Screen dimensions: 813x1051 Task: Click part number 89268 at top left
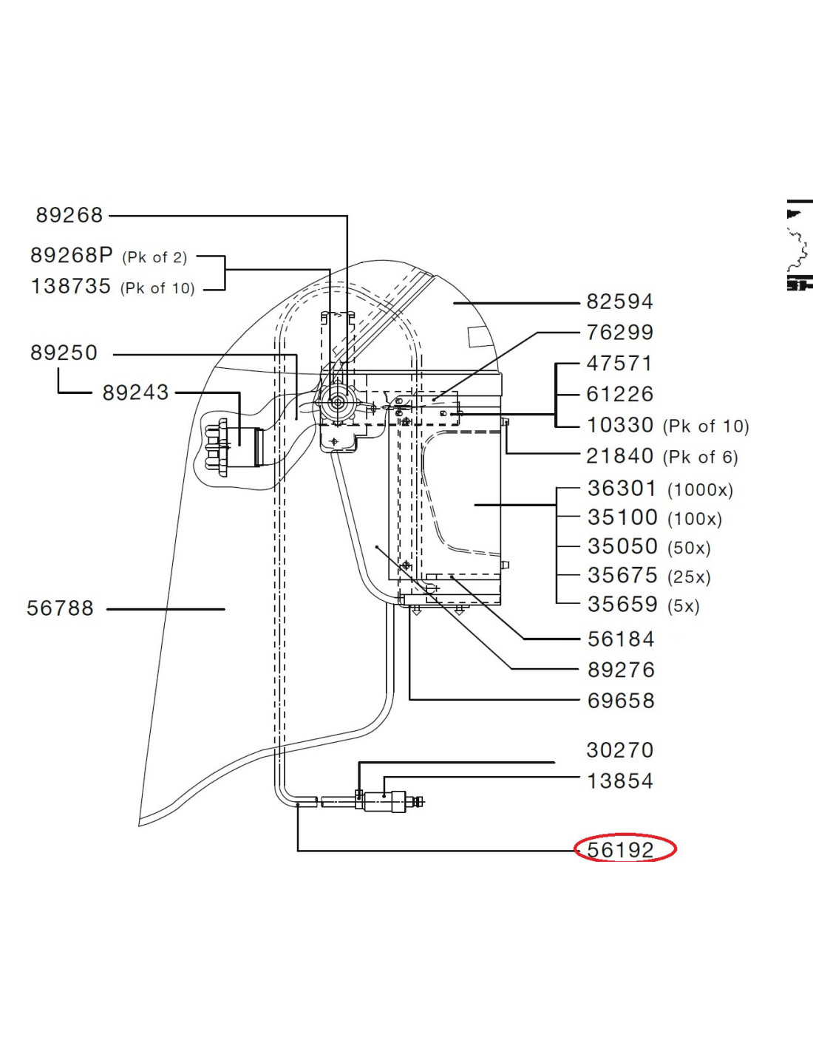(69, 215)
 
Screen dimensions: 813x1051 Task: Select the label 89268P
(72, 255)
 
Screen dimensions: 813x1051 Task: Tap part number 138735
(71, 286)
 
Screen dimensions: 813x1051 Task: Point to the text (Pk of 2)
(154, 257)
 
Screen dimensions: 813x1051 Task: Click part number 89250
(64, 353)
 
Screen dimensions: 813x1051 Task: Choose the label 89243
(135, 392)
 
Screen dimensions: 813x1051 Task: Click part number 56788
(60, 608)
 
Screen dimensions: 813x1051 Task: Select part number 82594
(619, 302)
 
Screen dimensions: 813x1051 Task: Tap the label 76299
(619, 333)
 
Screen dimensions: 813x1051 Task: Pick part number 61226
(619, 394)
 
